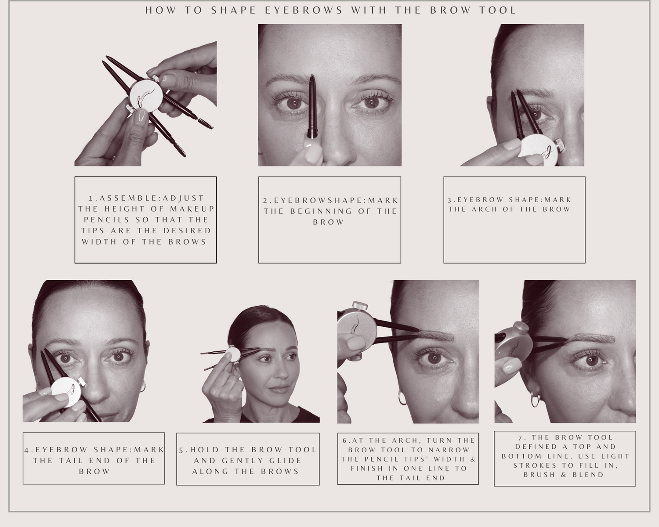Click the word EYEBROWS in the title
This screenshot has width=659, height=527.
304,10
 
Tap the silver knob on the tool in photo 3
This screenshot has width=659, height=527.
559,144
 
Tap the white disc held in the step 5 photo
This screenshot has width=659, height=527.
233,354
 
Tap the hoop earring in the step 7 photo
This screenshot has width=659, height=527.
535,401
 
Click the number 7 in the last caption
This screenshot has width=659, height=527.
519,437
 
